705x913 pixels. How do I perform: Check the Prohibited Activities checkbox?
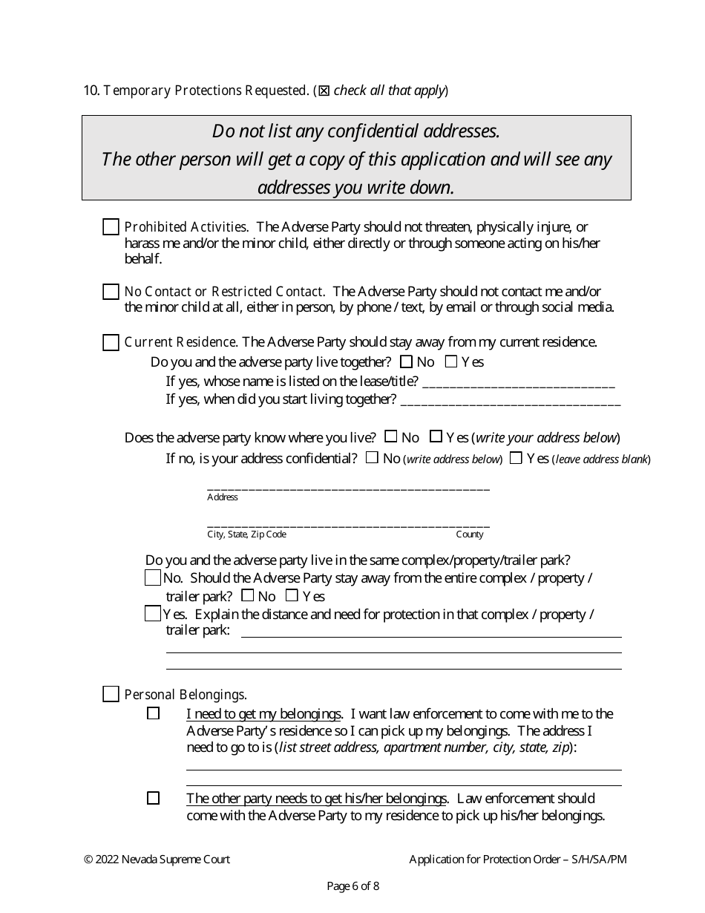[x=111, y=227]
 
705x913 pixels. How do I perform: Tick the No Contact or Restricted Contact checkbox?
[x=111, y=292]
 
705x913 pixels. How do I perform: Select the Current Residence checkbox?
[x=111, y=342]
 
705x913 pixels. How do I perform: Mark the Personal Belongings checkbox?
[x=111, y=695]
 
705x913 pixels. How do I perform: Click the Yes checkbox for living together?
[x=451, y=362]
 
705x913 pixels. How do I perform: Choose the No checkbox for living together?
[x=406, y=362]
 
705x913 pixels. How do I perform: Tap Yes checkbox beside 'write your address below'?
[x=436, y=436]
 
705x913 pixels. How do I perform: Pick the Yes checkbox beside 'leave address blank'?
[x=516, y=458]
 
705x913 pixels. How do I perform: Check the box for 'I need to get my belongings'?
[x=154, y=714]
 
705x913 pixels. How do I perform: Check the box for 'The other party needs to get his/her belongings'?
[x=154, y=799]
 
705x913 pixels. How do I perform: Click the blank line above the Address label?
[x=348, y=487]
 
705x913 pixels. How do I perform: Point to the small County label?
[x=469, y=534]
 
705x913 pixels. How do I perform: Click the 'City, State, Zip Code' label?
[x=246, y=534]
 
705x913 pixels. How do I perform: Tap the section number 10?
[x=91, y=91]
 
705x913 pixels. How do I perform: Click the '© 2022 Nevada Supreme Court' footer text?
[x=157, y=860]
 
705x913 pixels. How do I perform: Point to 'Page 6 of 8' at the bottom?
[x=353, y=886]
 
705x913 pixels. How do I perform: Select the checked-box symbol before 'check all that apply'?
[x=324, y=91]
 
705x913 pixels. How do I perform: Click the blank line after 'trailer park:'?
[x=431, y=633]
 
